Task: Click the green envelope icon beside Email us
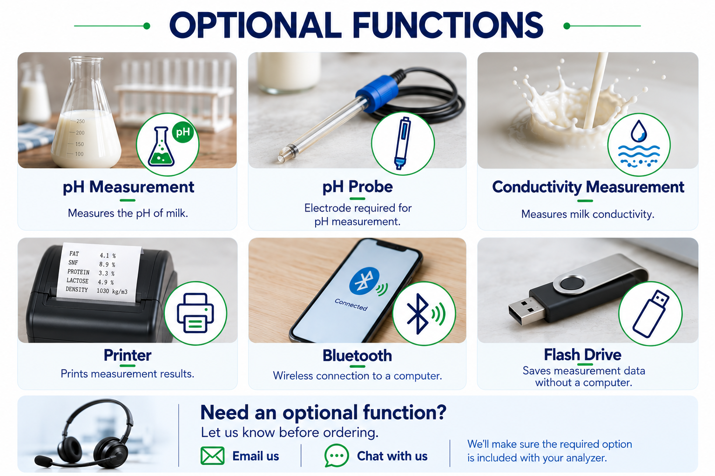pos(212,456)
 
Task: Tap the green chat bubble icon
pos(336,455)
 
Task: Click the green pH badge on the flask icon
pos(183,132)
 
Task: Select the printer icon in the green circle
pos(196,313)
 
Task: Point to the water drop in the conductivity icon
pos(638,131)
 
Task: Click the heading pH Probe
pos(357,187)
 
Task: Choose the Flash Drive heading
pos(582,355)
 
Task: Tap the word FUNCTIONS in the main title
pos(447,25)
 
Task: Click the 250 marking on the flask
pos(81,121)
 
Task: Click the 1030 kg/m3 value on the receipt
pos(112,291)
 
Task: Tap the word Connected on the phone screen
pos(351,304)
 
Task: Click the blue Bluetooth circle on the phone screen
pos(364,281)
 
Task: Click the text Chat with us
pos(392,456)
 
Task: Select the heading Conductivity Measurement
pos(588,187)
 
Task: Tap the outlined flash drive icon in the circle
pos(651,313)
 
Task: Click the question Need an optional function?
pos(323,413)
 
